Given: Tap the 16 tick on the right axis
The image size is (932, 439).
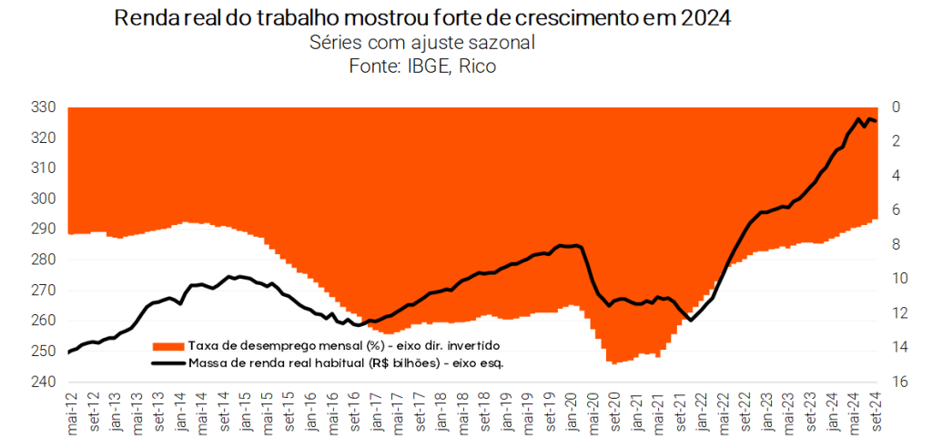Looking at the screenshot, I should pyautogui.click(x=896, y=382).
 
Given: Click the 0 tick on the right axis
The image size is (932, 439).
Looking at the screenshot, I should pyautogui.click(x=896, y=107).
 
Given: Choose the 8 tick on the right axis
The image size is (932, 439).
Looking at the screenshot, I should pyautogui.click(x=896, y=244).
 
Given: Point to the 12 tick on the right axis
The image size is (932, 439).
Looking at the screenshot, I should pyautogui.click(x=896, y=313).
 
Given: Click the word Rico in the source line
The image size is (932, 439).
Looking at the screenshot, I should pyautogui.click(x=477, y=66).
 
